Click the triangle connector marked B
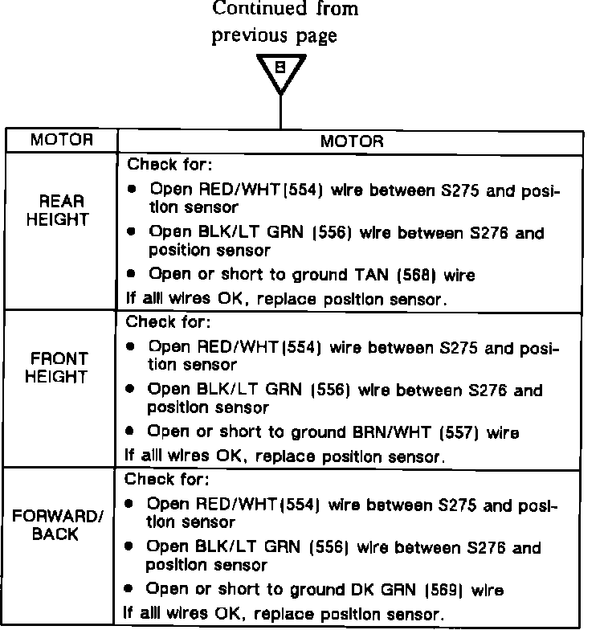(280, 71)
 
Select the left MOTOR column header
(62, 140)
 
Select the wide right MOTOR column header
(351, 141)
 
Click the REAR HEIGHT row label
(62, 210)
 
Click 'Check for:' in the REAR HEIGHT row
(169, 166)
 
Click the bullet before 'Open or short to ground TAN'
(132, 276)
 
